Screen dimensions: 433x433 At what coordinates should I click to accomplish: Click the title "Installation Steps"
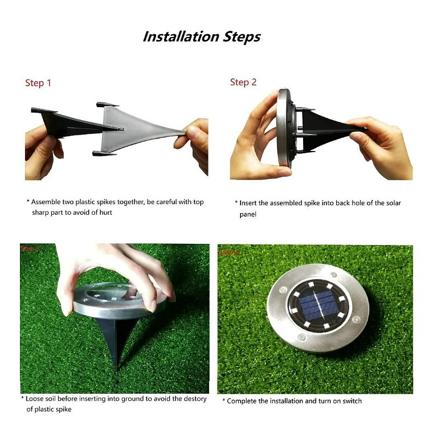point(201,37)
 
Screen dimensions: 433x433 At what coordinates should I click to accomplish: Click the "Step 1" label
point(38,83)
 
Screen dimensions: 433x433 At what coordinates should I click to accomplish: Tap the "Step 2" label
point(243,83)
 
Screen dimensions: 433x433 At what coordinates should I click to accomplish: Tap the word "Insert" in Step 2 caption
point(251,203)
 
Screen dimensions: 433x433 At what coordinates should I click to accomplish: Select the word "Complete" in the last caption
point(242,401)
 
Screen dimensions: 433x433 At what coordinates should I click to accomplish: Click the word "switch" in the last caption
point(350,401)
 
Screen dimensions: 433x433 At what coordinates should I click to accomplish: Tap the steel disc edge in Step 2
point(283,128)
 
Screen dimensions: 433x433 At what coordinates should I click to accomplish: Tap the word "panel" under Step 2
point(248,215)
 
